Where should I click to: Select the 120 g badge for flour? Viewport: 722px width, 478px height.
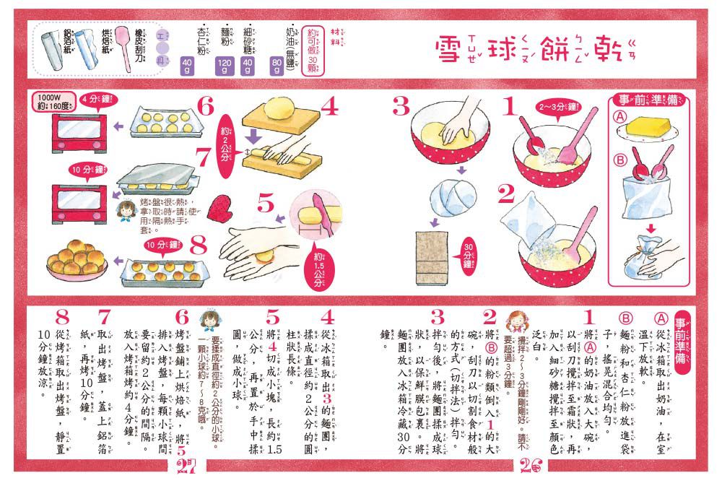[223, 68]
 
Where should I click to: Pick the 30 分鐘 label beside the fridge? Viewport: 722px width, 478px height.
[467, 252]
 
